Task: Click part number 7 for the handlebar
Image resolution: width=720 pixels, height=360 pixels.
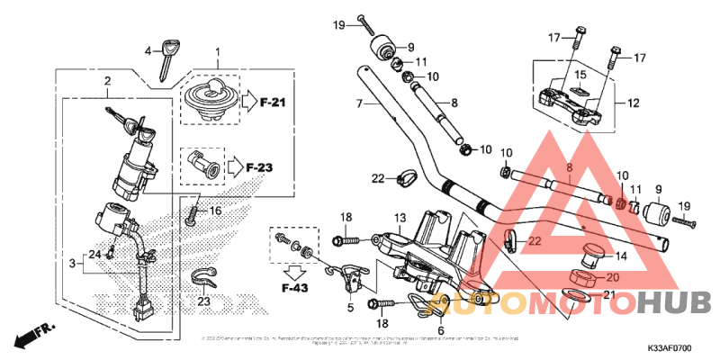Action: tap(359, 104)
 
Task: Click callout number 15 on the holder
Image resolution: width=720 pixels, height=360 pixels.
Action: tap(580, 74)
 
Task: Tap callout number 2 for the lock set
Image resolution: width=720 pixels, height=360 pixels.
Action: tap(107, 82)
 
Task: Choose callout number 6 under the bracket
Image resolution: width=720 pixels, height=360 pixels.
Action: tap(441, 330)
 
